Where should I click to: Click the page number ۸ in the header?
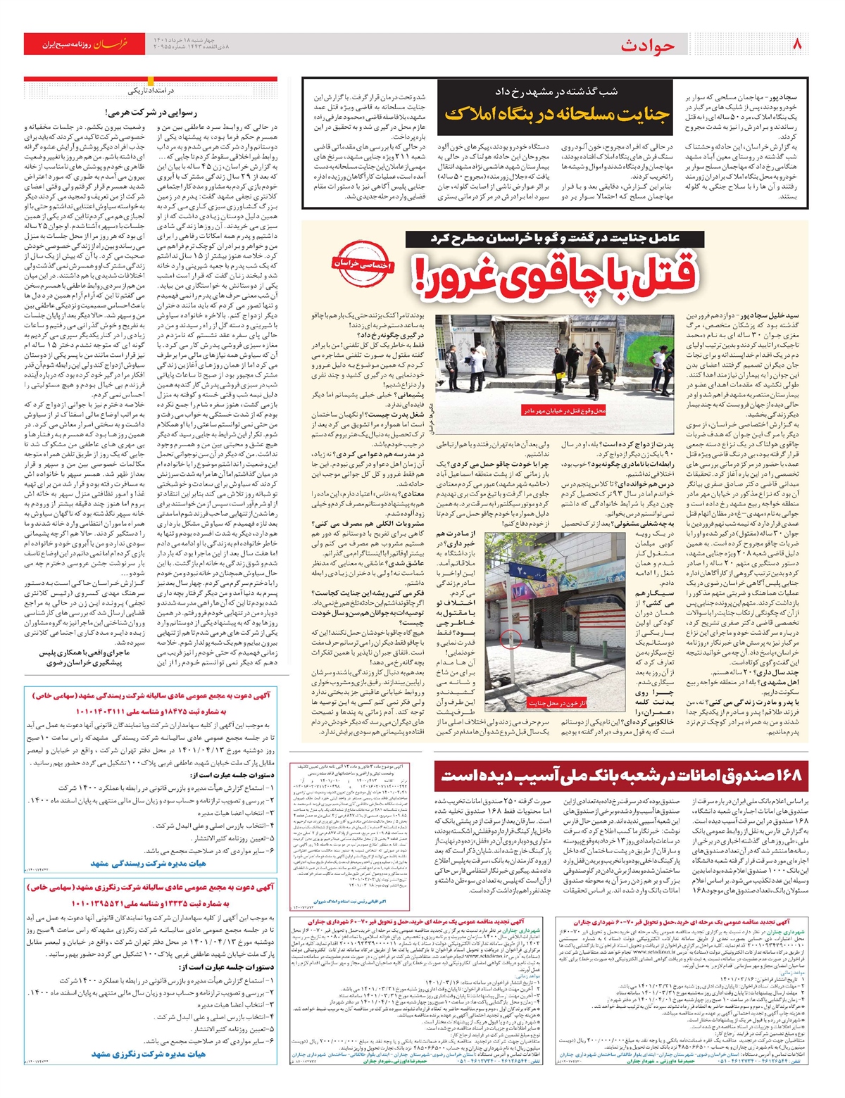[x=797, y=44]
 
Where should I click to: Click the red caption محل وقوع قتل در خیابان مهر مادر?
[x=563, y=410]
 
